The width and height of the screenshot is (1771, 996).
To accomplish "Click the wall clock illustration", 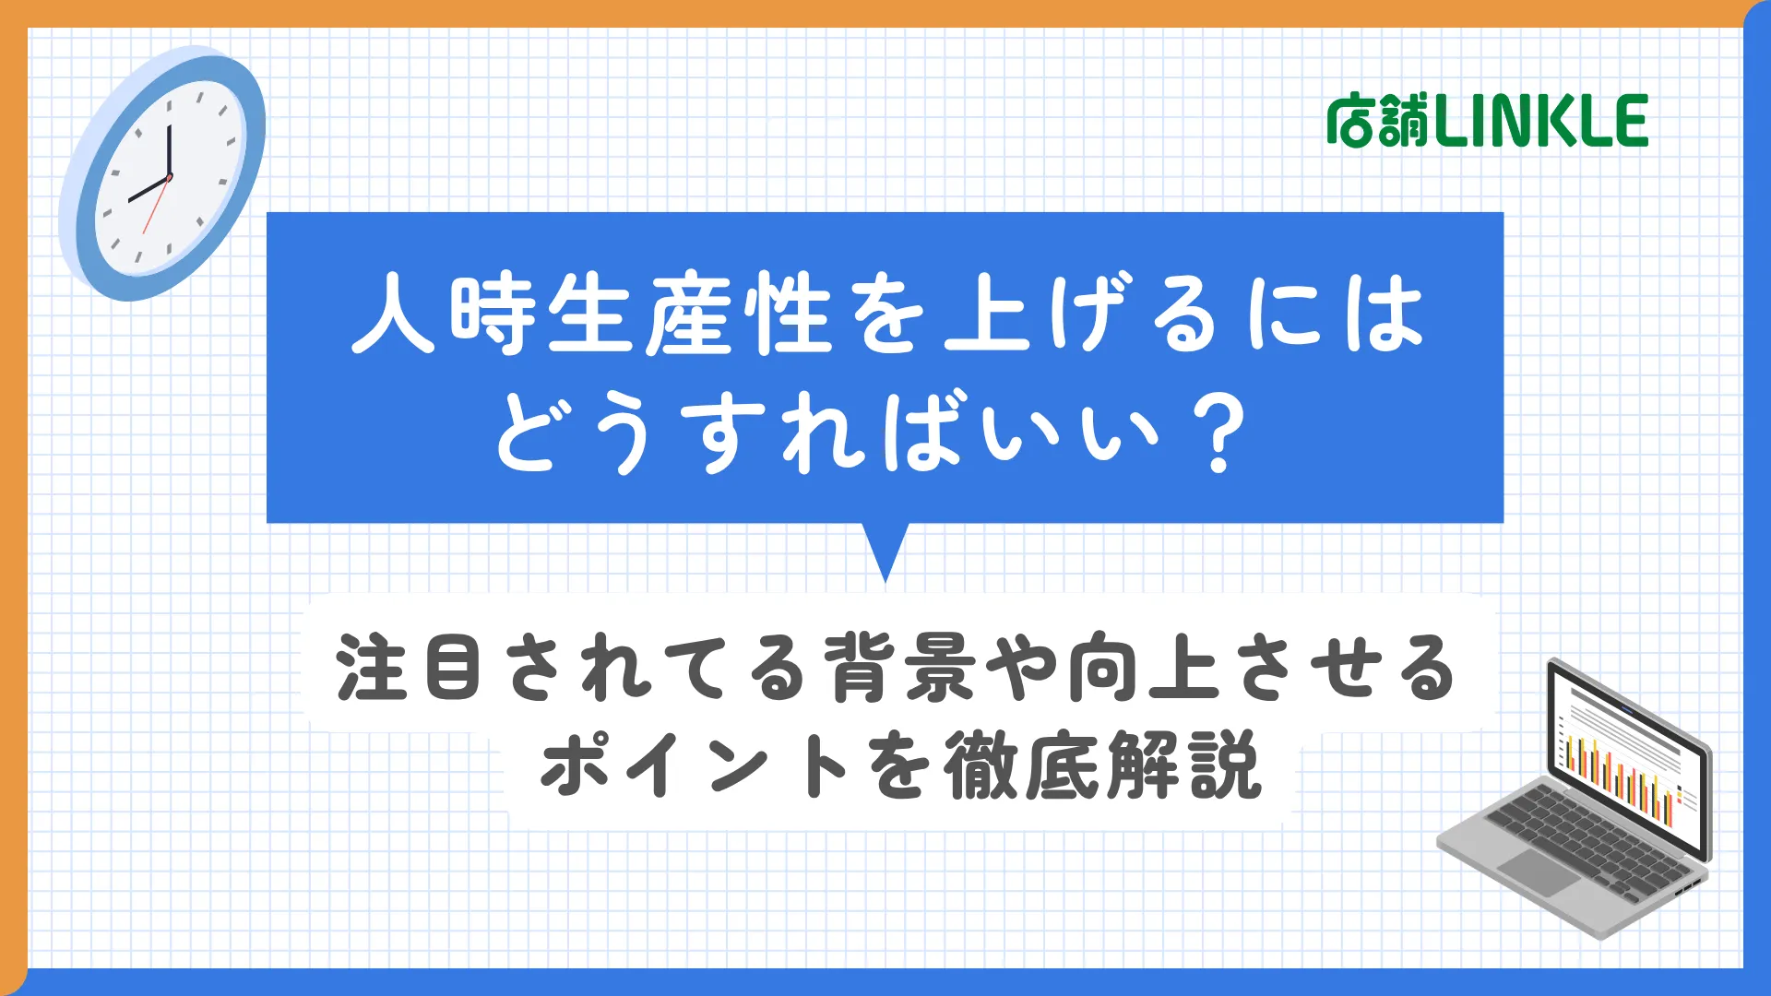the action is coord(162,173).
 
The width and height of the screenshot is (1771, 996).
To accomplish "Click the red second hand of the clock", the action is coord(156,205).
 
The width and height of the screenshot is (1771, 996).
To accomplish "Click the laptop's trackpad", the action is coord(1539,871).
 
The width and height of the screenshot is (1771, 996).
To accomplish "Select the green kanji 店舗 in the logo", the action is coord(1380,121).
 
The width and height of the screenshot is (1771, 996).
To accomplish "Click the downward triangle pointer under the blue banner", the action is coord(885,551).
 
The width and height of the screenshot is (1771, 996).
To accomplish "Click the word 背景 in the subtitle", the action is coord(899,667).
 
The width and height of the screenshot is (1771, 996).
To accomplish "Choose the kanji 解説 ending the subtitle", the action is coord(1184,765).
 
